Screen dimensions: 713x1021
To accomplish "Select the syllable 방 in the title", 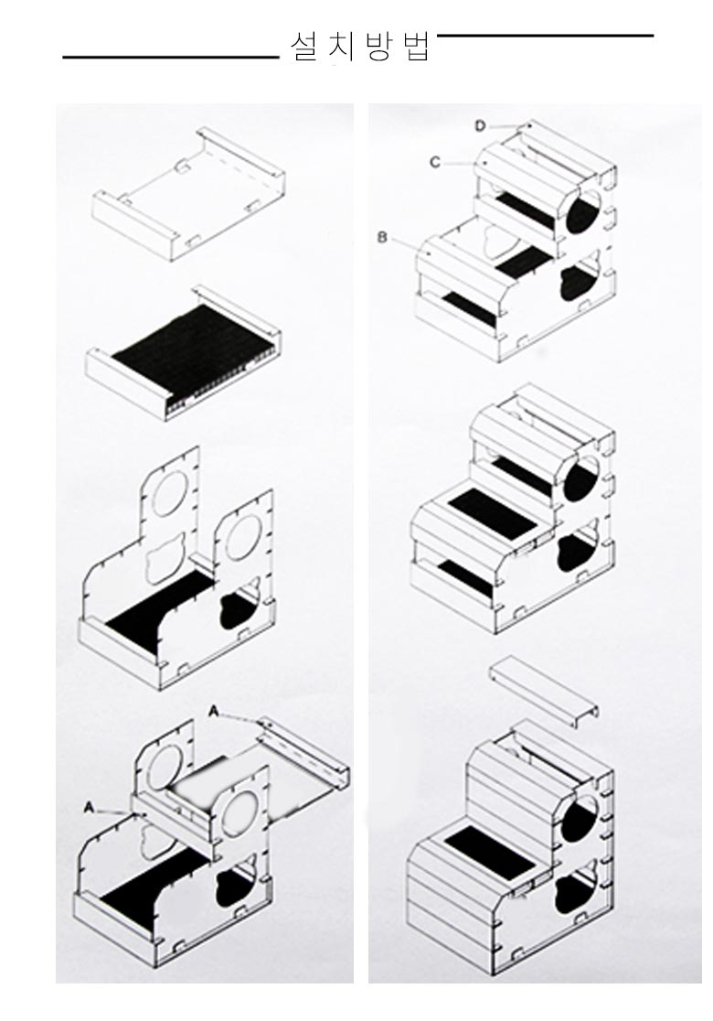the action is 378,48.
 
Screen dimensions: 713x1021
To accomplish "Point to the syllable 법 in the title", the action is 414,48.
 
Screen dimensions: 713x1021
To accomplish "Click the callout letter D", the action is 480,126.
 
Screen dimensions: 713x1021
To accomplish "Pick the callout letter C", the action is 434,162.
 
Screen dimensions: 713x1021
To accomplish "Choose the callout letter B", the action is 382,238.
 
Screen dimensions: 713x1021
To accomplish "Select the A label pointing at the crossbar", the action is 89,808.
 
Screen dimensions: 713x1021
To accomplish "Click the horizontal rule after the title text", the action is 545,35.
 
